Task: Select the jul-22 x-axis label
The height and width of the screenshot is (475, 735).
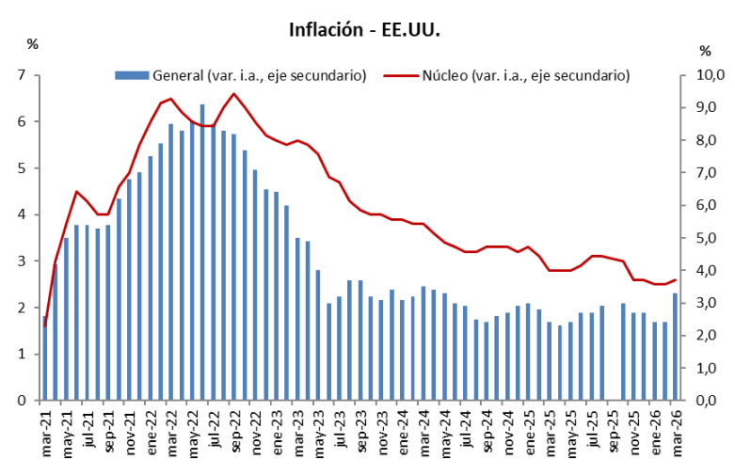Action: (x=214, y=435)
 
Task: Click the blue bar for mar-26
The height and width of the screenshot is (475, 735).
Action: (x=676, y=347)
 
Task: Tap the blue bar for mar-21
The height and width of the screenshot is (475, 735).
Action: (x=45, y=358)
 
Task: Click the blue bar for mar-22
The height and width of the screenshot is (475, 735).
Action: (x=171, y=262)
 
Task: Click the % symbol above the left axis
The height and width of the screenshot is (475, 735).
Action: (x=32, y=43)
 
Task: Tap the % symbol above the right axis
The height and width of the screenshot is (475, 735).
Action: (x=705, y=50)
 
